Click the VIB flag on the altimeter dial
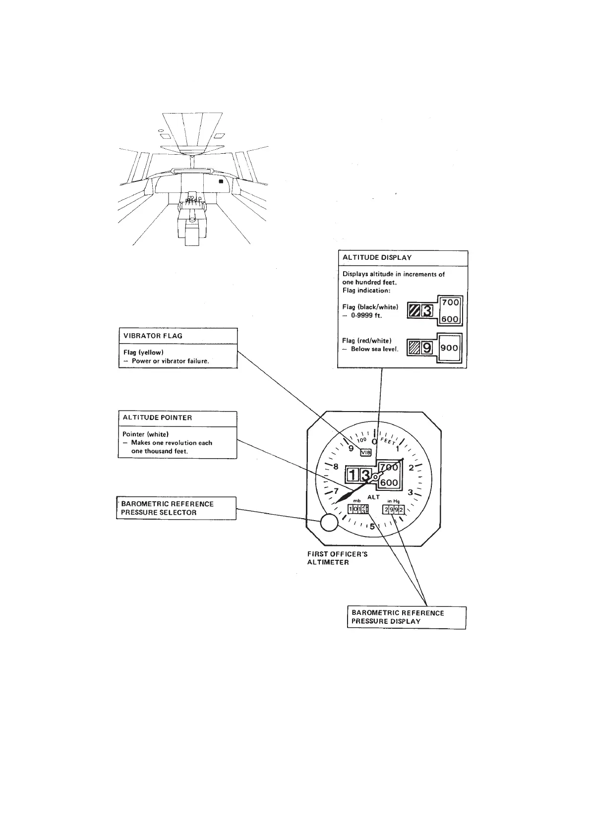coord(365,452)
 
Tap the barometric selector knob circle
coord(328,522)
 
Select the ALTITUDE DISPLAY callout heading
coord(377,258)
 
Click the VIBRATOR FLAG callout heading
coord(153,336)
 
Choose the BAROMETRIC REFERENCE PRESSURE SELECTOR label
coord(168,508)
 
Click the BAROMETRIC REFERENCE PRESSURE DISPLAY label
coord(398,617)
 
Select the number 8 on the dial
coord(336,467)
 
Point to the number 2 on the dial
coord(411,468)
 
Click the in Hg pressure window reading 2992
coord(394,509)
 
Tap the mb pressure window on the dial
coord(358,509)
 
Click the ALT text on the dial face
coord(373,497)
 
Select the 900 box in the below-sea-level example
coord(449,348)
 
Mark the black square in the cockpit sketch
coord(222,182)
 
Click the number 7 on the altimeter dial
coord(336,492)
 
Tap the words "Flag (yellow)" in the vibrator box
coord(143,353)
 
